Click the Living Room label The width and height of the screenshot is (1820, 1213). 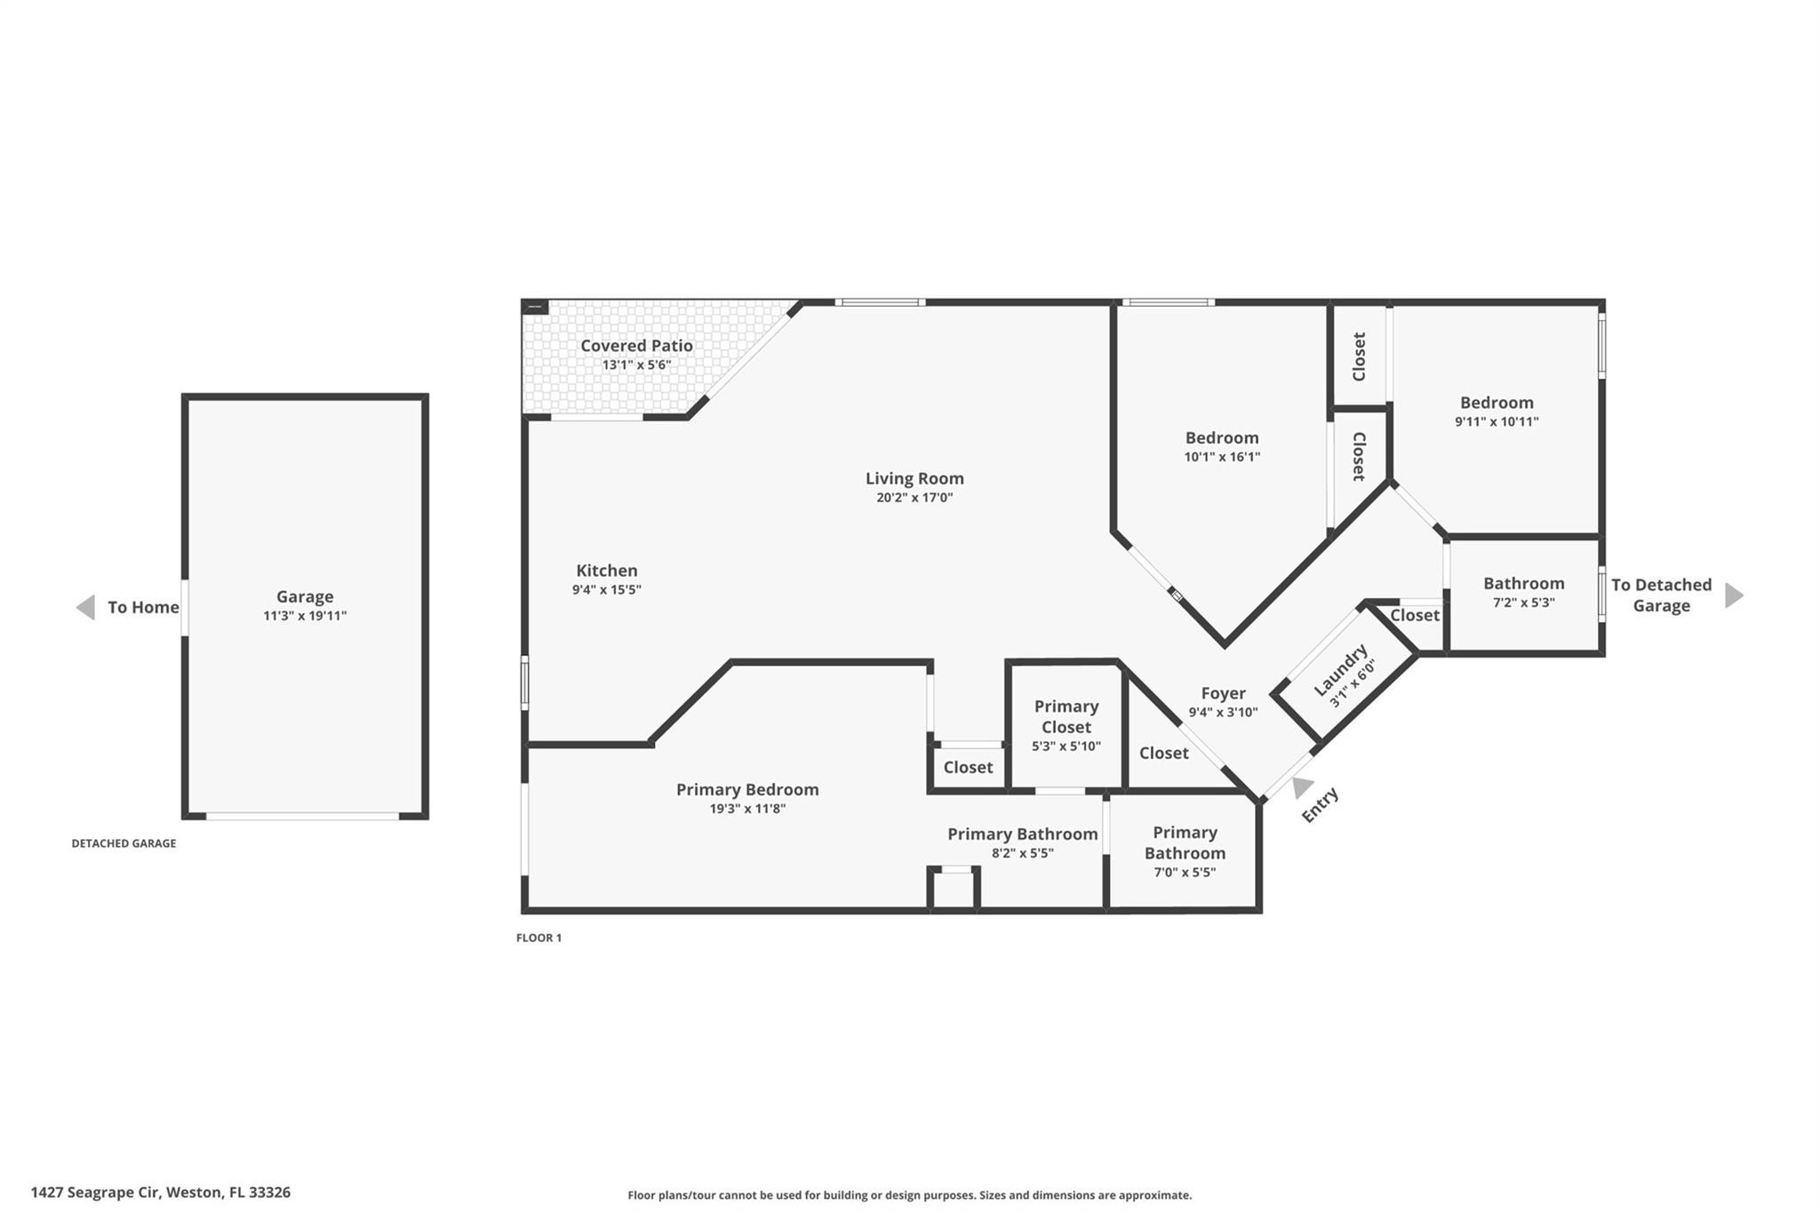pyautogui.click(x=914, y=478)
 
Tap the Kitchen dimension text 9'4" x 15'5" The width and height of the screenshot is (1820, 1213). pyautogui.click(x=606, y=589)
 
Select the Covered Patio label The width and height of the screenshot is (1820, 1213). pyautogui.click(x=636, y=346)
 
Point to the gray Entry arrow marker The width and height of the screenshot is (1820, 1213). pyautogui.click(x=1302, y=786)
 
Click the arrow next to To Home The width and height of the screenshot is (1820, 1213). pyautogui.click(x=85, y=607)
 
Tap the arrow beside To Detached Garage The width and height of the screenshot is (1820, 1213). pyautogui.click(x=1734, y=595)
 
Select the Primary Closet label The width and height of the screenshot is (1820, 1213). pyautogui.click(x=1066, y=716)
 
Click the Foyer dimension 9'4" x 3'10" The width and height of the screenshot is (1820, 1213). pyautogui.click(x=1223, y=712)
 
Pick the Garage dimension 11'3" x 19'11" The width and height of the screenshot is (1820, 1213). pyautogui.click(x=305, y=616)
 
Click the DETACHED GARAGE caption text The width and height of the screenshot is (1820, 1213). pyautogui.click(x=124, y=843)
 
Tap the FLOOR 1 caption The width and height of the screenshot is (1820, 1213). pyautogui.click(x=539, y=938)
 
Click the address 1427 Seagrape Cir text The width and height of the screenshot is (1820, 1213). pyautogui.click(x=160, y=1193)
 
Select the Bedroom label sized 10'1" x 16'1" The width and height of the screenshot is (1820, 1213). pyautogui.click(x=1222, y=437)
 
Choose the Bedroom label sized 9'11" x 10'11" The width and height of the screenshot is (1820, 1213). pyautogui.click(x=1497, y=403)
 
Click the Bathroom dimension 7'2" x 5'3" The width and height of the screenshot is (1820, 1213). pyautogui.click(x=1523, y=603)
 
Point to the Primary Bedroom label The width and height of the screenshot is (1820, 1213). pyautogui.click(x=747, y=789)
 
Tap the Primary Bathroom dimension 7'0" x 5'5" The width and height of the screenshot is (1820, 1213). pyautogui.click(x=1185, y=872)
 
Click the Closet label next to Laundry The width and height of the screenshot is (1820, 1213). pyautogui.click(x=1415, y=615)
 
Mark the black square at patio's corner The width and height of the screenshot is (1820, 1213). pyautogui.click(x=535, y=307)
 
